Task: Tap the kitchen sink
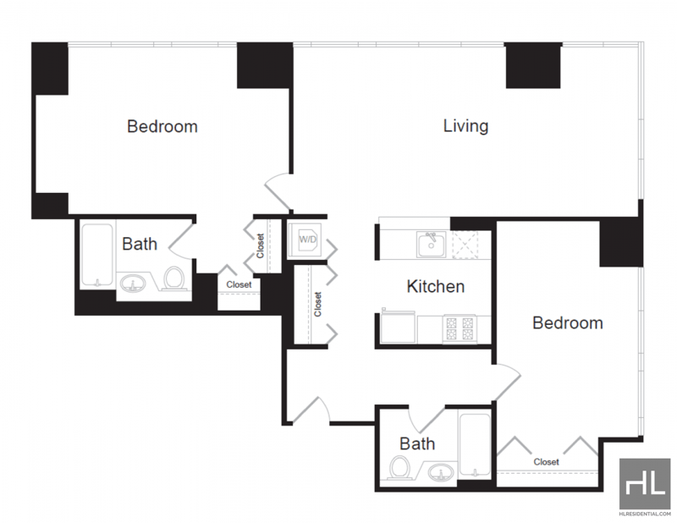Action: tap(431, 244)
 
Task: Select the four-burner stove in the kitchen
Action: tap(460, 328)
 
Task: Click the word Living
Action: tap(466, 126)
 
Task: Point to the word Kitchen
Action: tap(436, 286)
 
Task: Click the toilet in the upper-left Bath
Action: tap(173, 278)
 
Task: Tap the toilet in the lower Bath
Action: tap(399, 467)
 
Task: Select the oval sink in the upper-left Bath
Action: tap(133, 284)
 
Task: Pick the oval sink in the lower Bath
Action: tap(441, 472)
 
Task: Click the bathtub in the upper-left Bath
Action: tap(97, 255)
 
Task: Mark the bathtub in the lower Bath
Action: tap(475, 445)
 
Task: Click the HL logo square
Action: tap(645, 484)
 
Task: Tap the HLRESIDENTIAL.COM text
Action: tap(645, 514)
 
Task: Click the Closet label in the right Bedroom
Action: tap(546, 462)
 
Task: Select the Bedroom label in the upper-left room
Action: tap(162, 127)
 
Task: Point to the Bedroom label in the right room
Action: tap(568, 323)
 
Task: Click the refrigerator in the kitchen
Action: tap(398, 327)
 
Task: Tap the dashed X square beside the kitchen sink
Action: tap(465, 245)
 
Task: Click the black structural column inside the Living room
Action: tap(533, 66)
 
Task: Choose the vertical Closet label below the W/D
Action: tap(318, 304)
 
